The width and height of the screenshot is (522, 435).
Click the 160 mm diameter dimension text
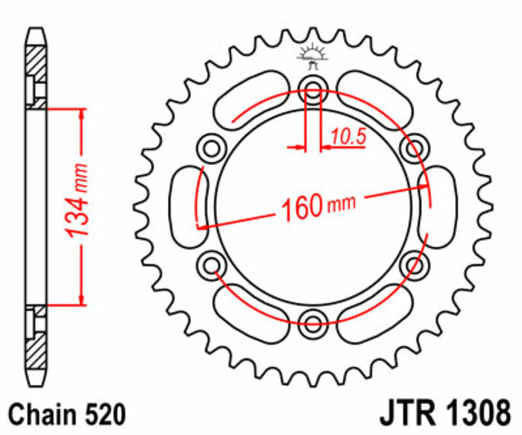pyautogui.click(x=318, y=205)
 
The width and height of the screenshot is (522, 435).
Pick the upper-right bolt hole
pyautogui.click(x=414, y=148)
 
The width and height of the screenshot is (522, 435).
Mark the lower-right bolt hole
pyautogui.click(x=414, y=264)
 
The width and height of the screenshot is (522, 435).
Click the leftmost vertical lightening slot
pyautogui.click(x=189, y=206)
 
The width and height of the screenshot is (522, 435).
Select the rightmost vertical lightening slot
pyautogui.click(x=438, y=206)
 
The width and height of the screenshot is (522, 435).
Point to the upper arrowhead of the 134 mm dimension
pyautogui.click(x=82, y=115)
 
